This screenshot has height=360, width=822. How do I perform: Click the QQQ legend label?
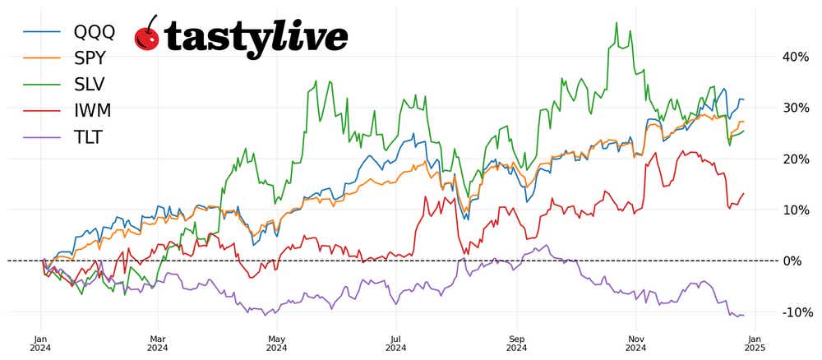click(x=94, y=32)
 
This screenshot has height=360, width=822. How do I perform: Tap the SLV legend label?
click(x=90, y=85)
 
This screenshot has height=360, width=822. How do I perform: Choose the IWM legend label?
click(x=92, y=111)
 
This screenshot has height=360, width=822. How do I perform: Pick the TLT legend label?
click(x=88, y=137)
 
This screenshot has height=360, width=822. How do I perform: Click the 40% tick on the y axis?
click(x=796, y=57)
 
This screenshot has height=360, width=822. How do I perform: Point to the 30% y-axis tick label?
click(x=796, y=108)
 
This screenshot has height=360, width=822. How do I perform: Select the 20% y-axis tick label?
click(x=796, y=159)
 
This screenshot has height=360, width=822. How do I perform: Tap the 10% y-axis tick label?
click(x=796, y=210)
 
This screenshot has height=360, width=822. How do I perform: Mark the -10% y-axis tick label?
click(x=794, y=312)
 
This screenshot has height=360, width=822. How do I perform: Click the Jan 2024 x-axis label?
click(x=41, y=343)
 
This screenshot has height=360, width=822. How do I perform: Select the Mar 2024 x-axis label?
click(x=158, y=343)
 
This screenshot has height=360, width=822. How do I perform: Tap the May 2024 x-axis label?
click(x=277, y=343)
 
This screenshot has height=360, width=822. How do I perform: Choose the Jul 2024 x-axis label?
click(x=396, y=343)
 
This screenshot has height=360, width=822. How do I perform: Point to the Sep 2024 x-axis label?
click(x=516, y=343)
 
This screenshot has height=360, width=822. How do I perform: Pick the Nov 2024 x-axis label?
click(x=635, y=343)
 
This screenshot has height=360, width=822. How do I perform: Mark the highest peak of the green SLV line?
click(x=616, y=23)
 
